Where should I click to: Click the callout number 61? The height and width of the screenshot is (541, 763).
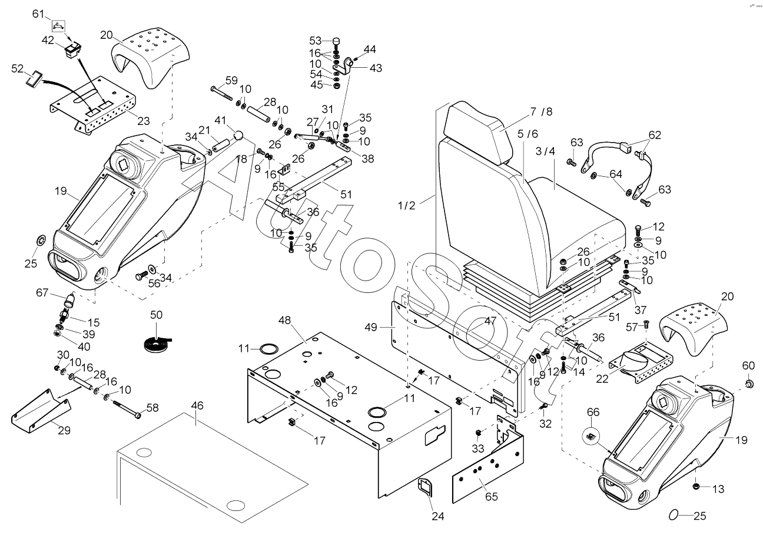[x=38, y=14]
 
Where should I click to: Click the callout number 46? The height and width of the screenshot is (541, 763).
[x=197, y=405]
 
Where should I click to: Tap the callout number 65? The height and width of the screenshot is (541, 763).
[x=491, y=496]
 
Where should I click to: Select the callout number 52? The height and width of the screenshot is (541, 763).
[x=18, y=69]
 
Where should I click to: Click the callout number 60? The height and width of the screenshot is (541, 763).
[x=748, y=365]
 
